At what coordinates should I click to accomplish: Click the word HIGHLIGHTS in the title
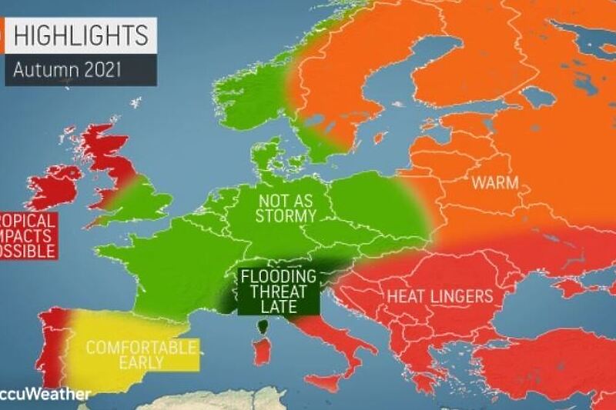[x=81, y=35]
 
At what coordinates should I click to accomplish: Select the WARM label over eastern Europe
[x=494, y=183]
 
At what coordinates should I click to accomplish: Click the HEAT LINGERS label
[x=440, y=295]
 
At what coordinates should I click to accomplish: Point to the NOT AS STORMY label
[x=287, y=208]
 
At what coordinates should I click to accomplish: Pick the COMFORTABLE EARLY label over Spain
[x=140, y=355]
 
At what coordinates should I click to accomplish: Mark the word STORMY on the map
[x=287, y=216]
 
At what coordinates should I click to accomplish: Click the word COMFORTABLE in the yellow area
[x=140, y=347]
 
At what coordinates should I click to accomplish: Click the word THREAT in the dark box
[x=279, y=293]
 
